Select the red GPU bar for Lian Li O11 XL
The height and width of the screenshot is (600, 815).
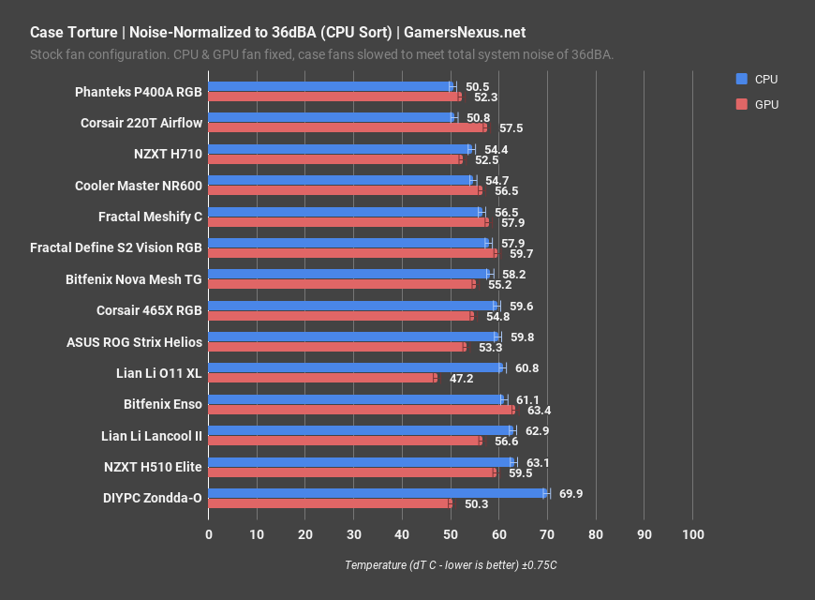click(x=322, y=378)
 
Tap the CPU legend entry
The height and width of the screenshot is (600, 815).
click(x=757, y=79)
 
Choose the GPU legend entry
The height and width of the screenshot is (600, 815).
click(x=757, y=104)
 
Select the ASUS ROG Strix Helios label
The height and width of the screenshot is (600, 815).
click(x=134, y=342)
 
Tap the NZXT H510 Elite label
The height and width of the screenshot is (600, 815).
click(x=153, y=467)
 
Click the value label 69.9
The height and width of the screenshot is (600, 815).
click(x=571, y=493)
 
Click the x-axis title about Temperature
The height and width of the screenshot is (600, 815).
click(x=451, y=564)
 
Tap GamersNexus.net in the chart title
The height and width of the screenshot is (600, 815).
click(x=465, y=32)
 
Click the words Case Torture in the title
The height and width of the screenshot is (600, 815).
click(x=70, y=32)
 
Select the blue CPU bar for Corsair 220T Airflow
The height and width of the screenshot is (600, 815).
click(x=331, y=118)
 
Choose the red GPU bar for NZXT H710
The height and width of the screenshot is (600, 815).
click(x=335, y=159)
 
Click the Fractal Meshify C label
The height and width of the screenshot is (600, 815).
click(x=150, y=217)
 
